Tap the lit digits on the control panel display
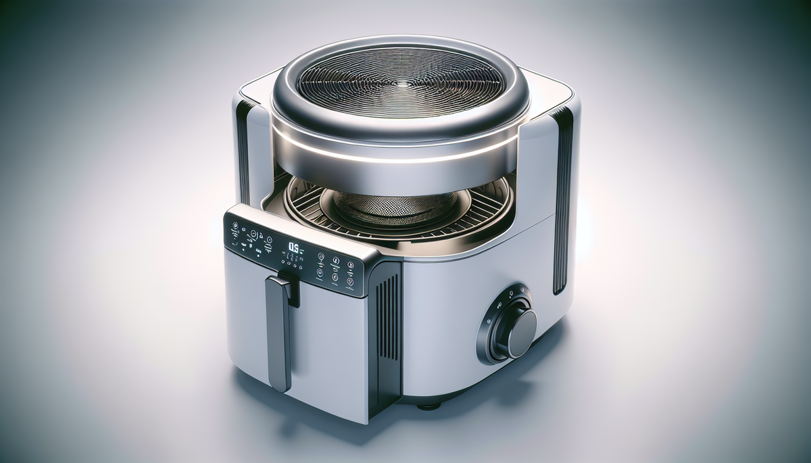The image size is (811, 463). [x=293, y=249]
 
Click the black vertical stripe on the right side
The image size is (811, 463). [x=563, y=203]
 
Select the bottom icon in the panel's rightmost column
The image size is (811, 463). [x=349, y=283]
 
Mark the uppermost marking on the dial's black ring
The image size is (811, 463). [x=512, y=293]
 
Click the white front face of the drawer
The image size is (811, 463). [x=318, y=351]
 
